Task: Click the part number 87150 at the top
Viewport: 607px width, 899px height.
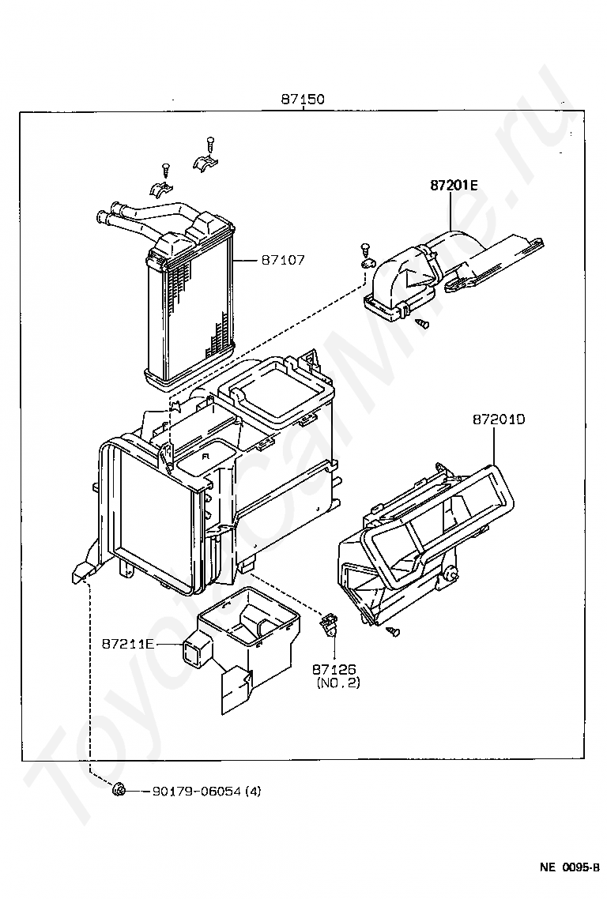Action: tap(303, 99)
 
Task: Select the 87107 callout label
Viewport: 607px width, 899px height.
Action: tap(283, 260)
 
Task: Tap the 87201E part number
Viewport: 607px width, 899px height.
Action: tap(454, 185)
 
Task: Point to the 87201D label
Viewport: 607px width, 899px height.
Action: tap(499, 419)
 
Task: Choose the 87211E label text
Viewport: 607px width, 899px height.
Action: tap(129, 644)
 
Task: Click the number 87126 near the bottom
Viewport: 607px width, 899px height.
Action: tap(334, 669)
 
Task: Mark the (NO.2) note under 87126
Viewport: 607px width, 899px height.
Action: tap(338, 683)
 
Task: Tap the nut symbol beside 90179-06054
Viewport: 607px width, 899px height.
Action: tap(119, 790)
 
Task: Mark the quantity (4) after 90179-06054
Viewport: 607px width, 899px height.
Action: tap(253, 792)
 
